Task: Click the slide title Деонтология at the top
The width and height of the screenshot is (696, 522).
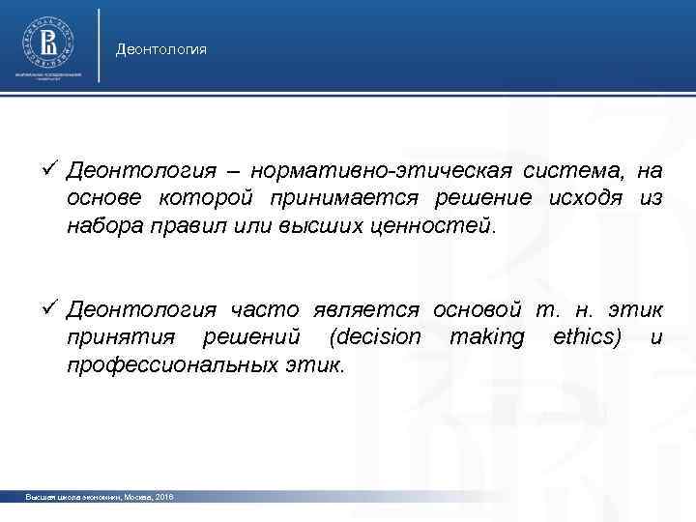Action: (160, 48)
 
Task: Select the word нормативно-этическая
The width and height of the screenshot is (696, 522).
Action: (387, 172)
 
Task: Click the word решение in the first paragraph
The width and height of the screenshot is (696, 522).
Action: (478, 199)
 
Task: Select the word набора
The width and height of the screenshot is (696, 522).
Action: (103, 226)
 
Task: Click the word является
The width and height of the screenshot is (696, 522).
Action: (367, 310)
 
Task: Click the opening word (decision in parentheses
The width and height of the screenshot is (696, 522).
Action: (375, 337)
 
